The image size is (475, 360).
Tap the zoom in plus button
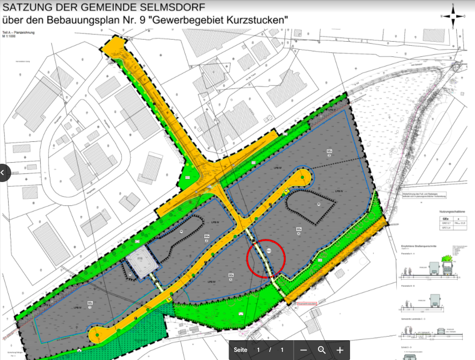coord(340,350)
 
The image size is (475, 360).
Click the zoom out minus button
coord(303,350)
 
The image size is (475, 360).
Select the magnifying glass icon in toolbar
coord(322,350)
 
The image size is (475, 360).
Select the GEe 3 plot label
coord(329,153)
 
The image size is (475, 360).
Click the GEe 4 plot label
coord(299,231)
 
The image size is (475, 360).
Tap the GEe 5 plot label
coord(231,277)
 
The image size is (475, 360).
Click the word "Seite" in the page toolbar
coord(240,350)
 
